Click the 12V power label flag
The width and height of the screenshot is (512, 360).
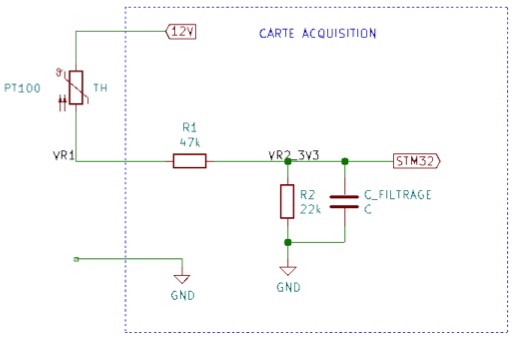click(x=181, y=32)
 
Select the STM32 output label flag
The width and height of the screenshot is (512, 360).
click(x=417, y=161)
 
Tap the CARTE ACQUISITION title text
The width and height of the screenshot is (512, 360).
click(x=318, y=34)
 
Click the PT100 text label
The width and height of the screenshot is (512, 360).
click(x=22, y=88)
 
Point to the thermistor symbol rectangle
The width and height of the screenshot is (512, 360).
click(x=76, y=87)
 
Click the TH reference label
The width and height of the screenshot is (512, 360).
click(x=100, y=88)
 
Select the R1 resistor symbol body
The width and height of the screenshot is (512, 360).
click(x=190, y=161)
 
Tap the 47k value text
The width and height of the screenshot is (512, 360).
click(x=190, y=143)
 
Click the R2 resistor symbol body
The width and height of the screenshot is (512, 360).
click(x=287, y=201)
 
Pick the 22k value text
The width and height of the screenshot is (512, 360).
click(x=310, y=209)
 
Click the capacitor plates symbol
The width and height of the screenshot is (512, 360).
click(x=344, y=202)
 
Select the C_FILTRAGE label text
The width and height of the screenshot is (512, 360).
click(x=398, y=195)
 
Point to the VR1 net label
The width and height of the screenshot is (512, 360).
click(x=64, y=155)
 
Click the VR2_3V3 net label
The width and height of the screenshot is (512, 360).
click(x=294, y=155)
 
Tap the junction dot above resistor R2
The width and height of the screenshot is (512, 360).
click(x=288, y=162)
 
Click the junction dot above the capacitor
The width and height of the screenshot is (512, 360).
click(x=345, y=162)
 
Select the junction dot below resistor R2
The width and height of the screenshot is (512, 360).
click(x=288, y=242)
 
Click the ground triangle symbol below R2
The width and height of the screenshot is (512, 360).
click(x=288, y=270)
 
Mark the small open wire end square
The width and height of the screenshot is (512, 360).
click(x=76, y=259)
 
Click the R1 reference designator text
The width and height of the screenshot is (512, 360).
click(x=190, y=127)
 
